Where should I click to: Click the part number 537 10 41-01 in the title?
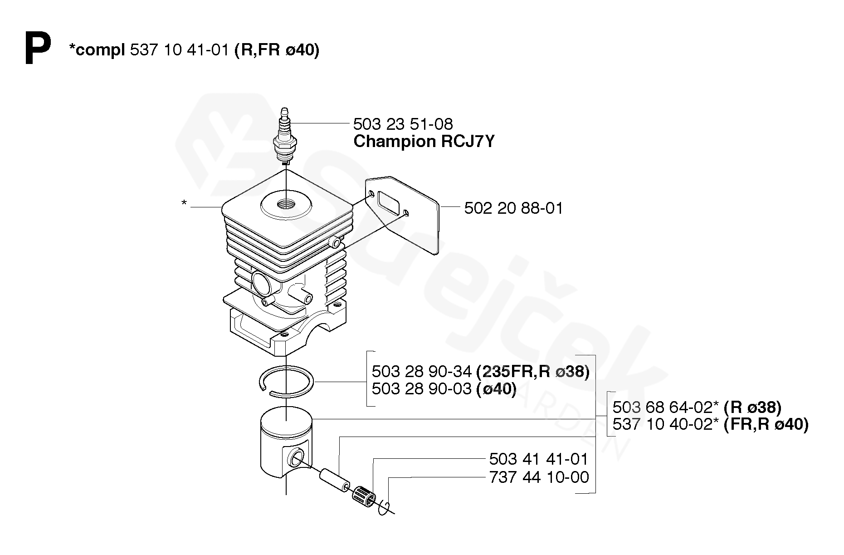click(179, 50)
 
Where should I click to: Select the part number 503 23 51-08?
click(403, 124)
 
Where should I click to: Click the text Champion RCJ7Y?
click(424, 142)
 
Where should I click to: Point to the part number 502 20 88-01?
click(513, 208)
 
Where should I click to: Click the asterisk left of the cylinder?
click(184, 203)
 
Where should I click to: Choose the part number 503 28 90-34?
click(422, 372)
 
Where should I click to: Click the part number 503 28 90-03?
click(422, 389)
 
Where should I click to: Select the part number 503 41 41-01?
click(538, 459)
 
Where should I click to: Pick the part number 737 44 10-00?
click(539, 477)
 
